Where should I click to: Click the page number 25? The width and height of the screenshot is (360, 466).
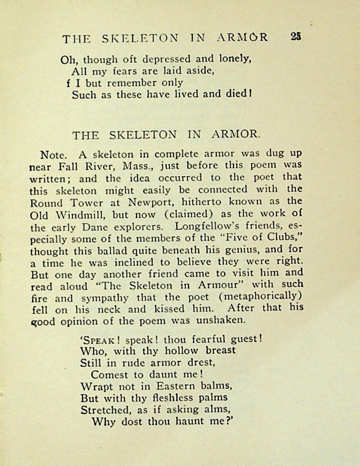[x=296, y=37]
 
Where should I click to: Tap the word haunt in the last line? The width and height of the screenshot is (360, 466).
[x=184, y=422]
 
